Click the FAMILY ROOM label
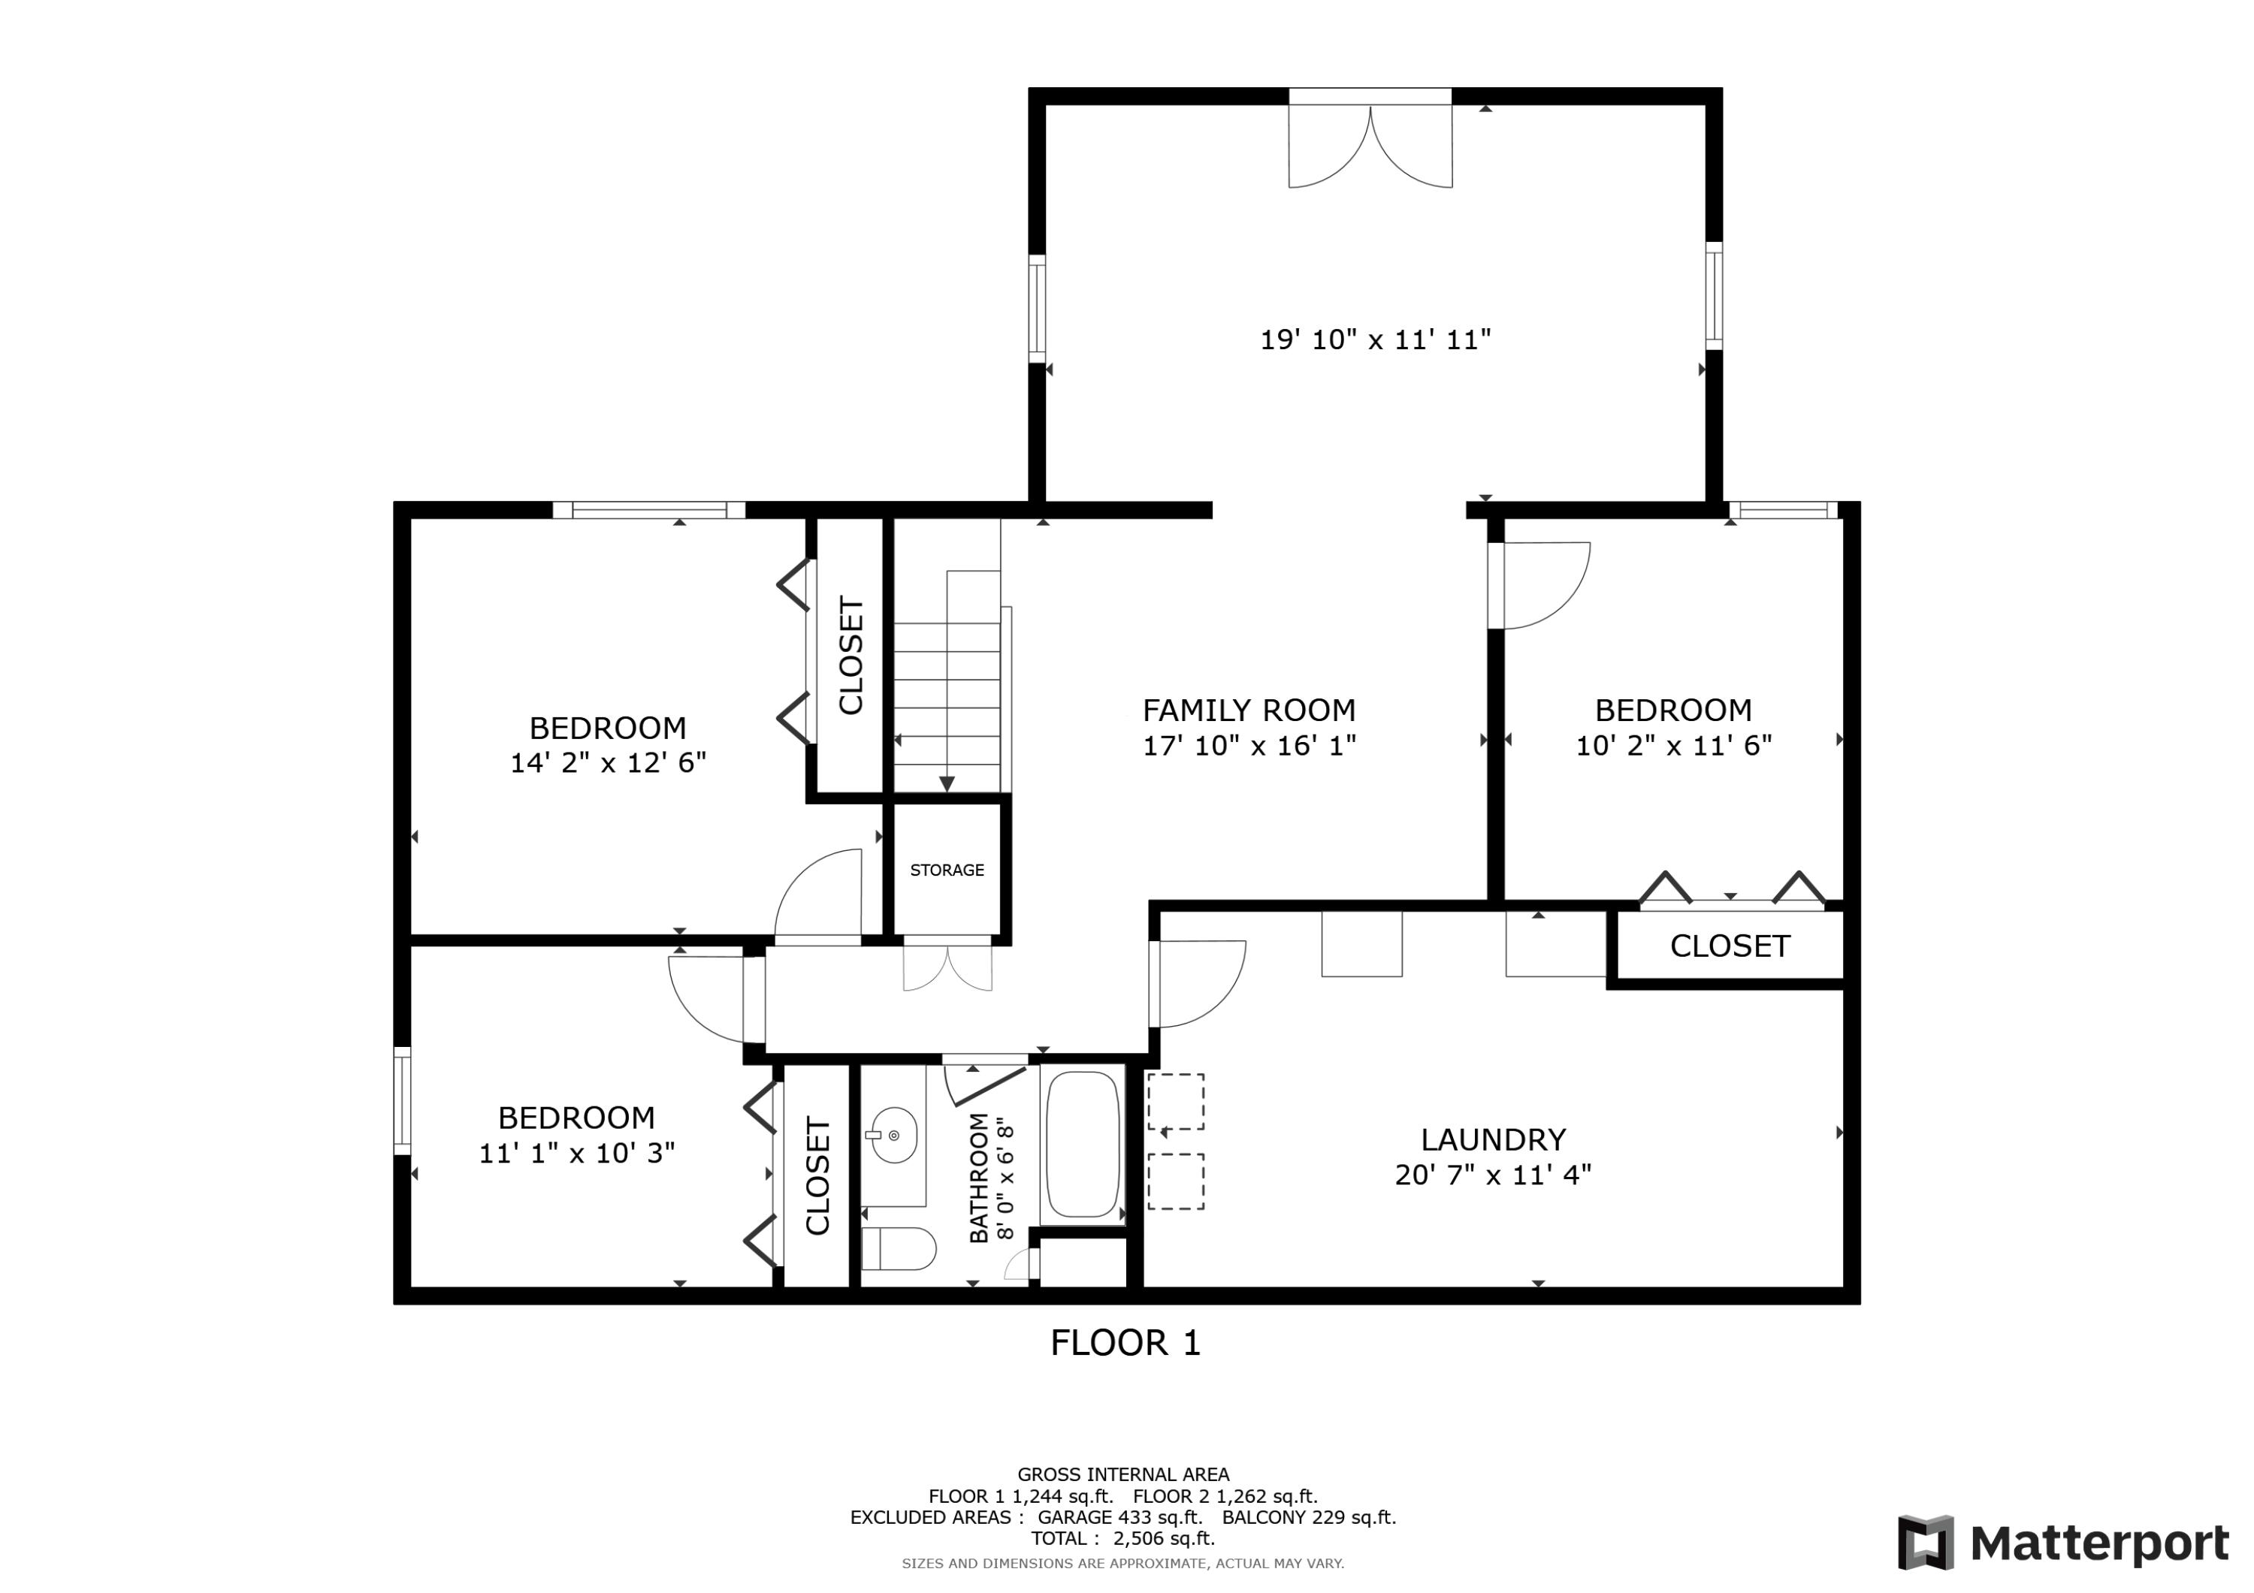coord(1249,710)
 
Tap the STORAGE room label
coord(947,870)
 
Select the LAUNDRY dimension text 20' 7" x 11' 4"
coord(1492,1175)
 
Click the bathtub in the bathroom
coord(1083,1145)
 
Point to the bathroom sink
coord(893,1136)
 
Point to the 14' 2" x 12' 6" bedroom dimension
coord(608,762)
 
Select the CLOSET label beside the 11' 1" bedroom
coord(817,1176)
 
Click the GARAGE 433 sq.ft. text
coord(1120,1517)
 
